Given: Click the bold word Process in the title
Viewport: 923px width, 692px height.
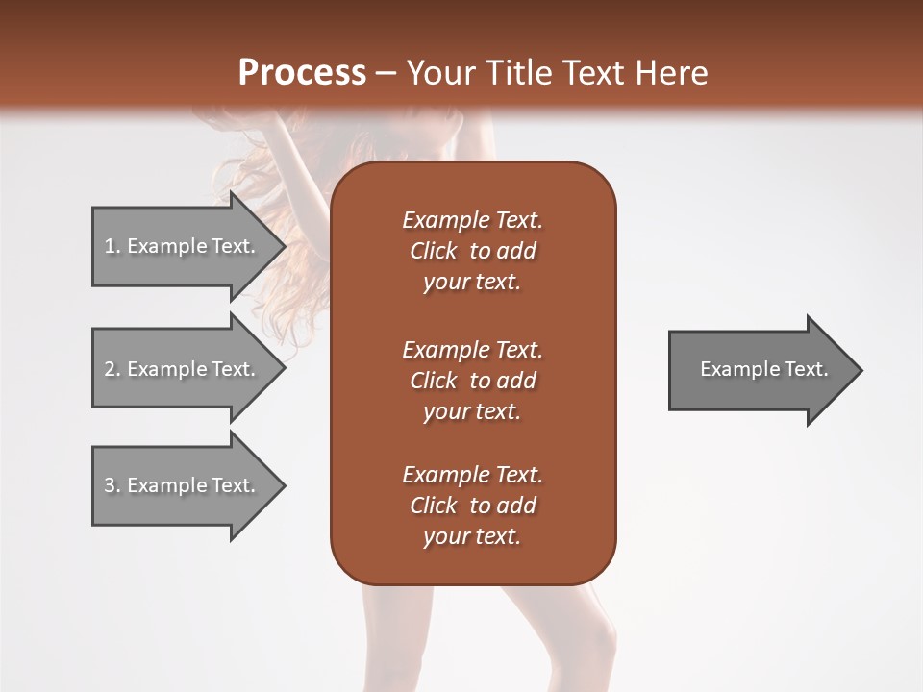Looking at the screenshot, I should click(x=302, y=73).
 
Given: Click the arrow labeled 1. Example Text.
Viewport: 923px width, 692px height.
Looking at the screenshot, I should click(x=180, y=246).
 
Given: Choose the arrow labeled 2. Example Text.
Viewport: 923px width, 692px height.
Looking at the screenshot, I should click(x=180, y=369).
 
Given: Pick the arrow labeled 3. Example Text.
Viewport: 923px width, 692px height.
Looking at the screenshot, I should click(x=180, y=485).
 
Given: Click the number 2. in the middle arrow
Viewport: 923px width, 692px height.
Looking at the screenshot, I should click(x=112, y=369).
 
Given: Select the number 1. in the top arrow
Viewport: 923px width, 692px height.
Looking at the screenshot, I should click(x=112, y=246).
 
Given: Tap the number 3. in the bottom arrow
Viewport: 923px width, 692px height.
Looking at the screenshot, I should click(x=112, y=485).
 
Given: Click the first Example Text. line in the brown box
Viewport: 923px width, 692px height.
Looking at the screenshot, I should click(x=472, y=220).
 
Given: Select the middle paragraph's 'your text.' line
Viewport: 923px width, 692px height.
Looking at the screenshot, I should click(x=472, y=411).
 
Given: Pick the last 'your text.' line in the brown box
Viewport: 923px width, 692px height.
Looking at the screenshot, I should click(x=472, y=536).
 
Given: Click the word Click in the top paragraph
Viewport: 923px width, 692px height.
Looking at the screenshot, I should click(x=434, y=251).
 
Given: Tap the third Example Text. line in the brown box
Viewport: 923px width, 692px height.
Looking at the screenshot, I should click(x=472, y=475).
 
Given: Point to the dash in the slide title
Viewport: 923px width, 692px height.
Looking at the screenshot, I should click(x=386, y=74).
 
